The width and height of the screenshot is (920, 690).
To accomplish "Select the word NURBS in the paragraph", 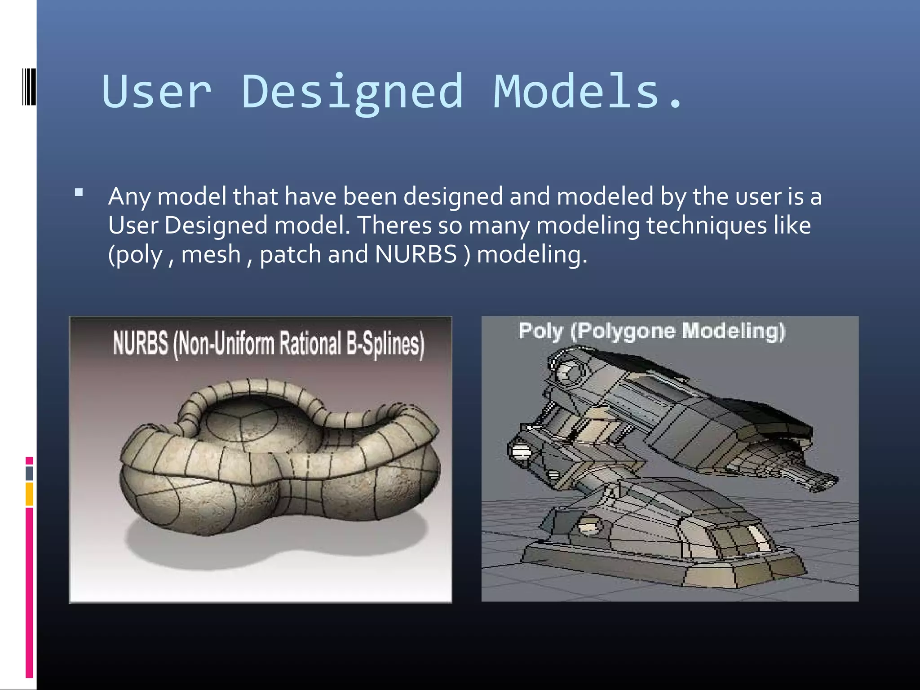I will click(416, 254).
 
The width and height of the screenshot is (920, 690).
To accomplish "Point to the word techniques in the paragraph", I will click(706, 226).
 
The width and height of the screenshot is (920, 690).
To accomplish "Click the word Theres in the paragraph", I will click(394, 225).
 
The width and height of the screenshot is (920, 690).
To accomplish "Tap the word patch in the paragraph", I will click(291, 255).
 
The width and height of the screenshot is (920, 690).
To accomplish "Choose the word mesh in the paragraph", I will click(211, 254).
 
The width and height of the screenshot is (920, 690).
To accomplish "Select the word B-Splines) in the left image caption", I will click(385, 344).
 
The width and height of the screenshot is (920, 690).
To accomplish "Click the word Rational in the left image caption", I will click(310, 344).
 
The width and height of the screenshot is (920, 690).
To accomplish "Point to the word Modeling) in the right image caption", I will click(733, 331).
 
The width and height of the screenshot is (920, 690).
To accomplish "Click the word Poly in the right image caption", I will click(540, 332).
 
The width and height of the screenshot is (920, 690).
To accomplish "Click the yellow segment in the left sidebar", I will click(29, 494).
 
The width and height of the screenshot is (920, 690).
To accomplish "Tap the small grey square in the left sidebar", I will click(29, 473).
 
